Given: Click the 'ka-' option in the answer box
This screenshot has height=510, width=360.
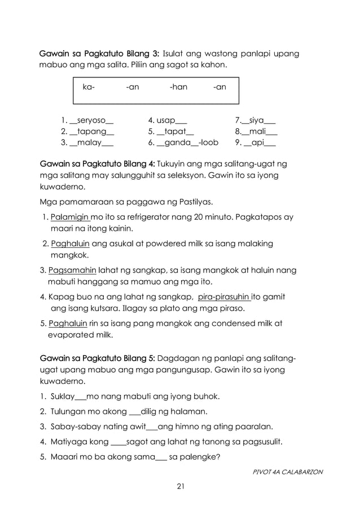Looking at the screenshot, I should pos(89,88).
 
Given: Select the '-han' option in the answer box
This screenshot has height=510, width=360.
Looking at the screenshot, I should pos(178,88).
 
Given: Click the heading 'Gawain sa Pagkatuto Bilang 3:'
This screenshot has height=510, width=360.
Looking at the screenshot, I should pos(99,54).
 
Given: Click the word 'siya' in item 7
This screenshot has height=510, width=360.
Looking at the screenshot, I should pos(254,120).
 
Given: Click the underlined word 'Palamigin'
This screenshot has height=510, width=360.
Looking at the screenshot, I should pos(70,217).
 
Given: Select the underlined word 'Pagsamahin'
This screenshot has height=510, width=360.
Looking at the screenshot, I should pos(72,270).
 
